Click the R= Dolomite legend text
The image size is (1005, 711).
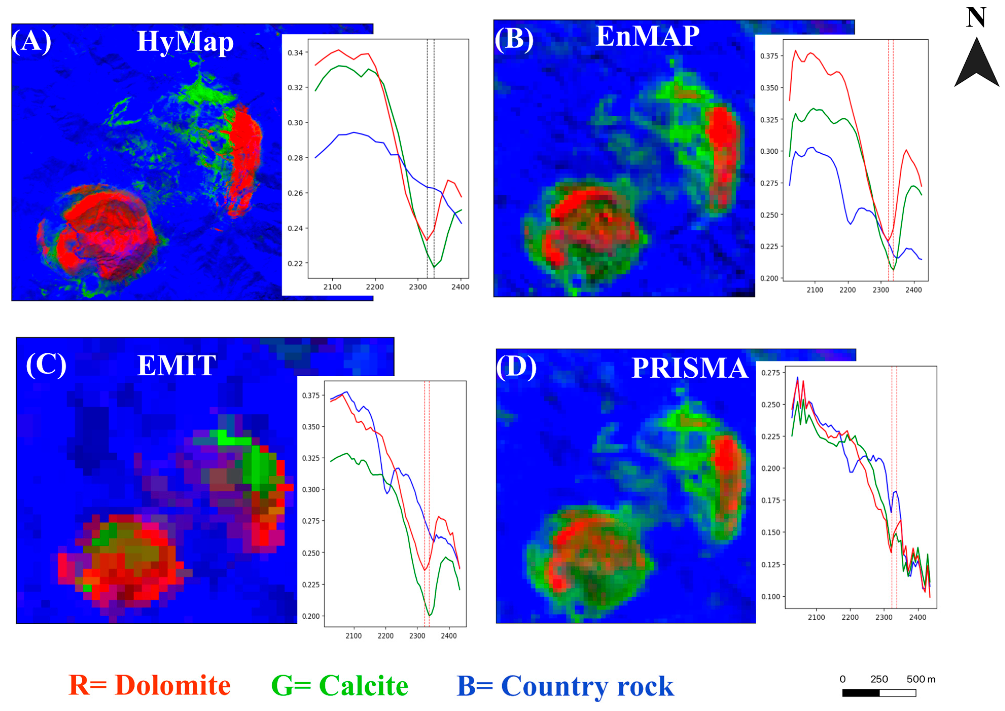(149, 685)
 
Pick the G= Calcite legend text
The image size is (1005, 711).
(340, 685)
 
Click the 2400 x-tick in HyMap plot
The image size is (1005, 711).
(460, 287)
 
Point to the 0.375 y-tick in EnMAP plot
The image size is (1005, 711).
(769, 56)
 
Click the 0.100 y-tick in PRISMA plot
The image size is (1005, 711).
(771, 596)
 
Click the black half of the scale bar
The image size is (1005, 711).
(860, 693)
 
